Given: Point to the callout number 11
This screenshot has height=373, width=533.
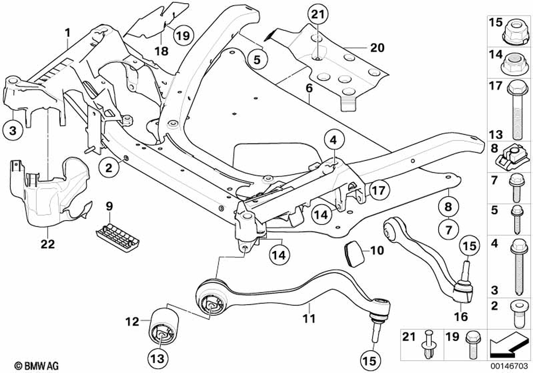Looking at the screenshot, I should click(309, 319).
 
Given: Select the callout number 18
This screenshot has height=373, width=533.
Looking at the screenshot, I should click(161, 51).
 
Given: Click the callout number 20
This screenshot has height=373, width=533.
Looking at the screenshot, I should click(377, 48).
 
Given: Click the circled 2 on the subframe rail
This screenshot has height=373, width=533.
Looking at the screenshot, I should click(108, 168).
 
